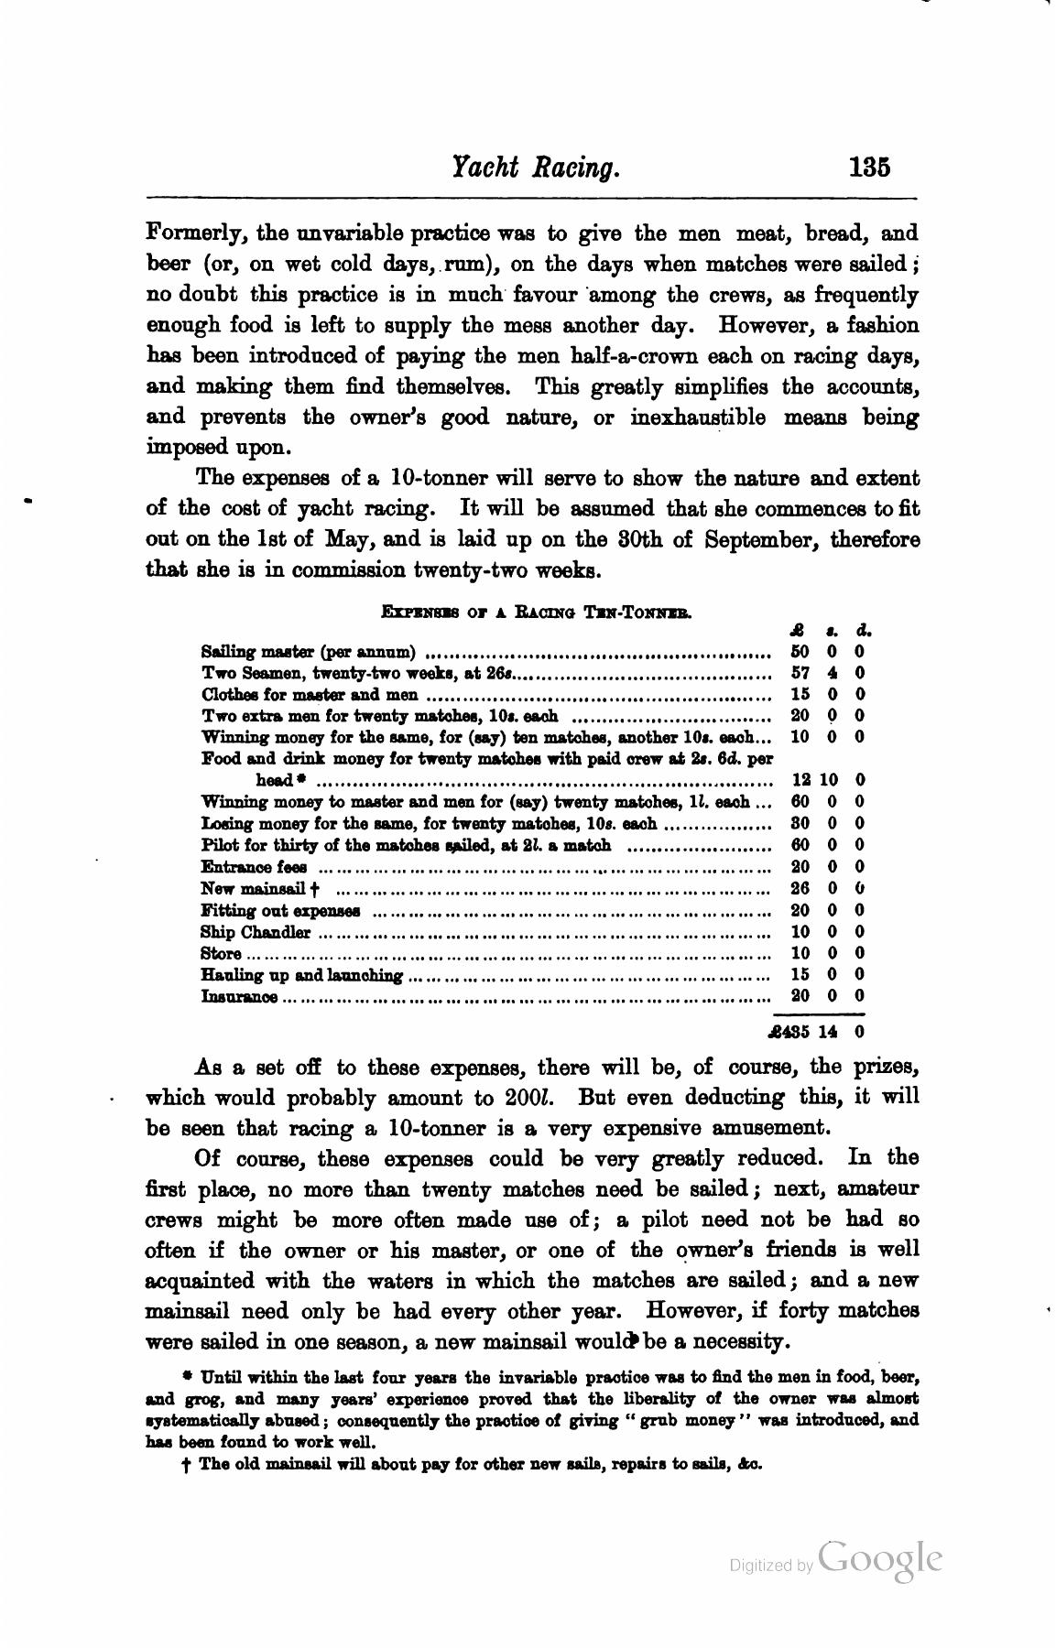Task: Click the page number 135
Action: [869, 168]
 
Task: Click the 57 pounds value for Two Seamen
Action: [799, 674]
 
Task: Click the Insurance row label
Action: [239, 996]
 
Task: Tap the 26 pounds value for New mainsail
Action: [799, 888]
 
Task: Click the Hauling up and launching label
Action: [301, 975]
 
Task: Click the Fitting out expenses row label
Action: [280, 911]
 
